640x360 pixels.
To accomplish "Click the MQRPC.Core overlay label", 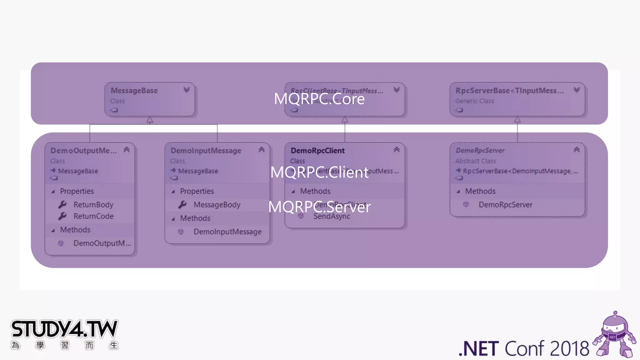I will tap(319, 99).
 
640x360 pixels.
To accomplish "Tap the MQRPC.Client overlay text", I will tap(319, 172).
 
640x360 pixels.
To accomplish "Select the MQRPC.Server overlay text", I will tap(319, 207).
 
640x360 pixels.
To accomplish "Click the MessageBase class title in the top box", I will tap(134, 91).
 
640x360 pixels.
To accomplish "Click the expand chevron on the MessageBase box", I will tap(187, 90).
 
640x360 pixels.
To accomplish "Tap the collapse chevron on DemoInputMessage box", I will tap(262, 150).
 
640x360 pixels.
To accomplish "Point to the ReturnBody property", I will tap(93, 205).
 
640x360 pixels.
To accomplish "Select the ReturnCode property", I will tap(93, 216).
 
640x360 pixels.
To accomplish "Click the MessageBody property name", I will tap(217, 205).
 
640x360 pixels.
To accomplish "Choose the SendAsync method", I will tap(332, 216).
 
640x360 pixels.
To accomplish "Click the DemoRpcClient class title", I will tap(317, 151).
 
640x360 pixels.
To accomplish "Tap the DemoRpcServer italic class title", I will tap(480, 151).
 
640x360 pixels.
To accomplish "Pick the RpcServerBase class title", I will tap(509, 91).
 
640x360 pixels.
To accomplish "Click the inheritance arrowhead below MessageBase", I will tap(150, 120).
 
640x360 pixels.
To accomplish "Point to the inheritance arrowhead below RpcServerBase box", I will tap(517, 120).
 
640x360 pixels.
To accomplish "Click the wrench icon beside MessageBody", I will tap(182, 205).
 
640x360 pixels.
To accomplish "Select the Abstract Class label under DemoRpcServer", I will tap(475, 161).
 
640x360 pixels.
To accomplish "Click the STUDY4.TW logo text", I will tap(64, 329).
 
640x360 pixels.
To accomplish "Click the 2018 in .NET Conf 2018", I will tap(569, 349).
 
